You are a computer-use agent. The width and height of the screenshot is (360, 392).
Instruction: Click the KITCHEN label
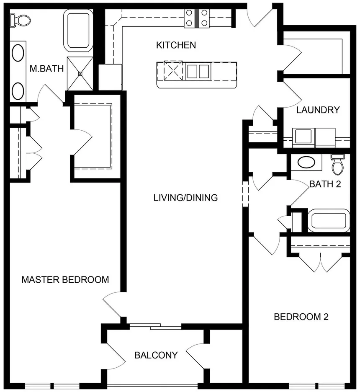176,45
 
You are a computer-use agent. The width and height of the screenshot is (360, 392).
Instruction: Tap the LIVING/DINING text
185,198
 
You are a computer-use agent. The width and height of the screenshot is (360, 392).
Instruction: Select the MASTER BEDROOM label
65,279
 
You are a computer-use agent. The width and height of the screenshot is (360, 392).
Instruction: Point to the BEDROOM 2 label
301,317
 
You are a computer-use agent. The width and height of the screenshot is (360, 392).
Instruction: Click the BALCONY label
156,356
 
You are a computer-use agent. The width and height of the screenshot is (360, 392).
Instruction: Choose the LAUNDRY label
318,110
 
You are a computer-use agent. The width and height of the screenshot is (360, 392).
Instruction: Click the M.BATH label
46,68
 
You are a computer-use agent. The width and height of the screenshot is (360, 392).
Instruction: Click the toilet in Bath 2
337,165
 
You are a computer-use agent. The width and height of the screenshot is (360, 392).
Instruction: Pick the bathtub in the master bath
78,31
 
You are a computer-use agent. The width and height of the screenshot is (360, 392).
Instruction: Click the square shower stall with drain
79,73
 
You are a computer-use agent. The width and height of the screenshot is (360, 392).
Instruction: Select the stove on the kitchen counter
197,18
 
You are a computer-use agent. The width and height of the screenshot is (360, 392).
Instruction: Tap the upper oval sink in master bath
18,53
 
